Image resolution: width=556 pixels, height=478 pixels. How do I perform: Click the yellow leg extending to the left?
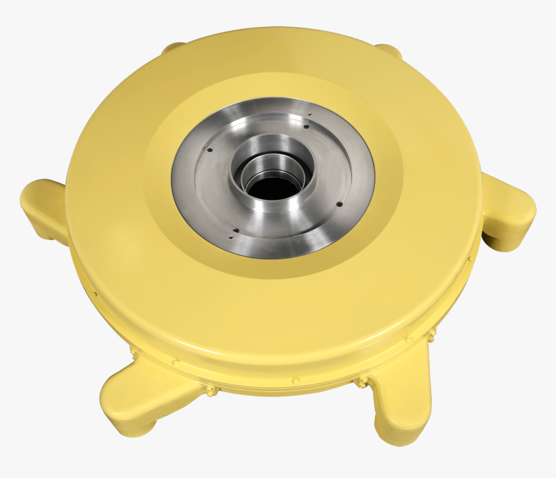(42, 207)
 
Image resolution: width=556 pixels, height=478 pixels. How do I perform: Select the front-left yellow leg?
(139, 395)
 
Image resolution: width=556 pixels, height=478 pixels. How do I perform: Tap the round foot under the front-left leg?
(145, 427)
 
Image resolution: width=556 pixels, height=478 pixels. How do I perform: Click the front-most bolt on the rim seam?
(295, 382)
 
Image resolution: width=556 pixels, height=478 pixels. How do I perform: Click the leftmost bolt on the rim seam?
(95, 295)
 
